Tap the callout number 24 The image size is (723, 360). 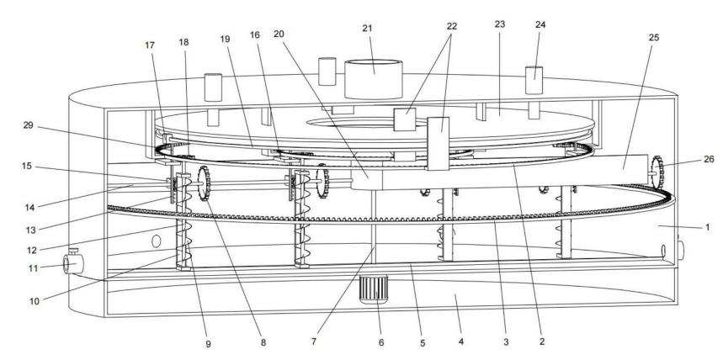click(540, 25)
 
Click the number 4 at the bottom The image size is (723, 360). click(460, 343)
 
